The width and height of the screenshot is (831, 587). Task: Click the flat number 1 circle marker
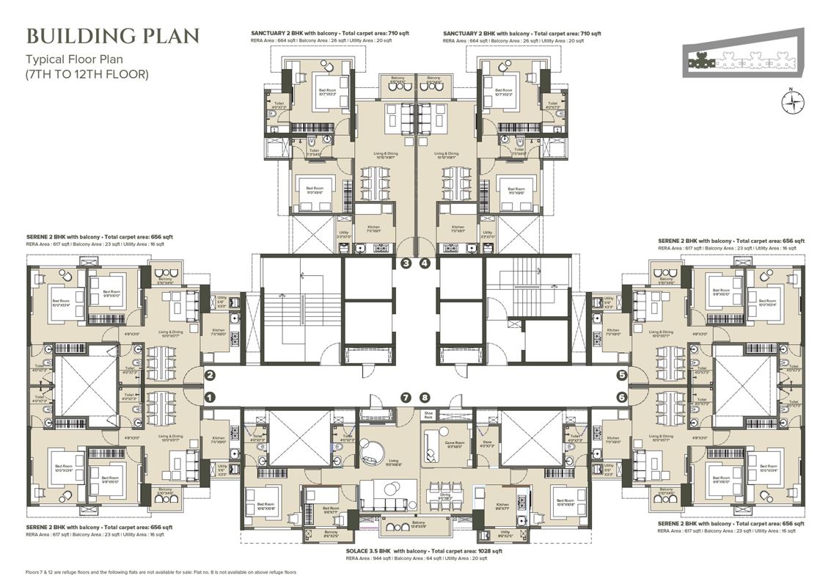209,397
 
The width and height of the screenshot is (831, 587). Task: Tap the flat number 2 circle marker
209,376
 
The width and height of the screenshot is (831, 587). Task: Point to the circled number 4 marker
424,263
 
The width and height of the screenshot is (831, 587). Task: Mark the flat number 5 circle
621,376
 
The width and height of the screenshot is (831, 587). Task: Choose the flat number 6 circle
621,397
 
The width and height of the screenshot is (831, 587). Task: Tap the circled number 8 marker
424,398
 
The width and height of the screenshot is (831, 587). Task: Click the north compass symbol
790,103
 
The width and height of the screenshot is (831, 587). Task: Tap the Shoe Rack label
429,415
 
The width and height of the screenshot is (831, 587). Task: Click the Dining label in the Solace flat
444,495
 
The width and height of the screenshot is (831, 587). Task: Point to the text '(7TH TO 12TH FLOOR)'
87,74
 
